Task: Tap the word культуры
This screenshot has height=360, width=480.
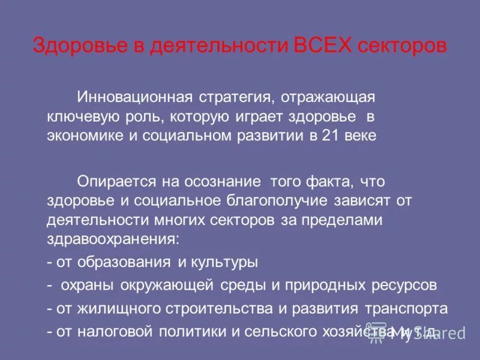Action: tap(224, 263)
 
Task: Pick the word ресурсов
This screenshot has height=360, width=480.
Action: tap(404, 285)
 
